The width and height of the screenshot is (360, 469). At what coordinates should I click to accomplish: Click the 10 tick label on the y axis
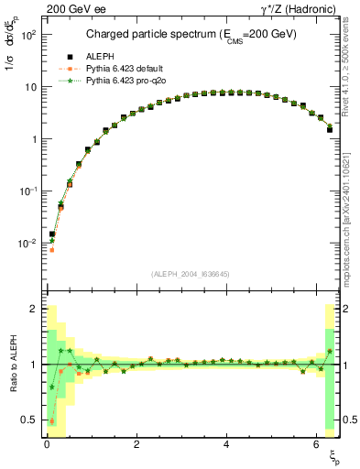pyautogui.click(x=30, y=87)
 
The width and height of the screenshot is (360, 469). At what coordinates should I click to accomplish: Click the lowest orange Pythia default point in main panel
pyautogui.click(x=52, y=249)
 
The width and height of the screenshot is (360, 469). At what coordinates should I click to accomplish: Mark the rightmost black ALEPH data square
pyautogui.click(x=329, y=129)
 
